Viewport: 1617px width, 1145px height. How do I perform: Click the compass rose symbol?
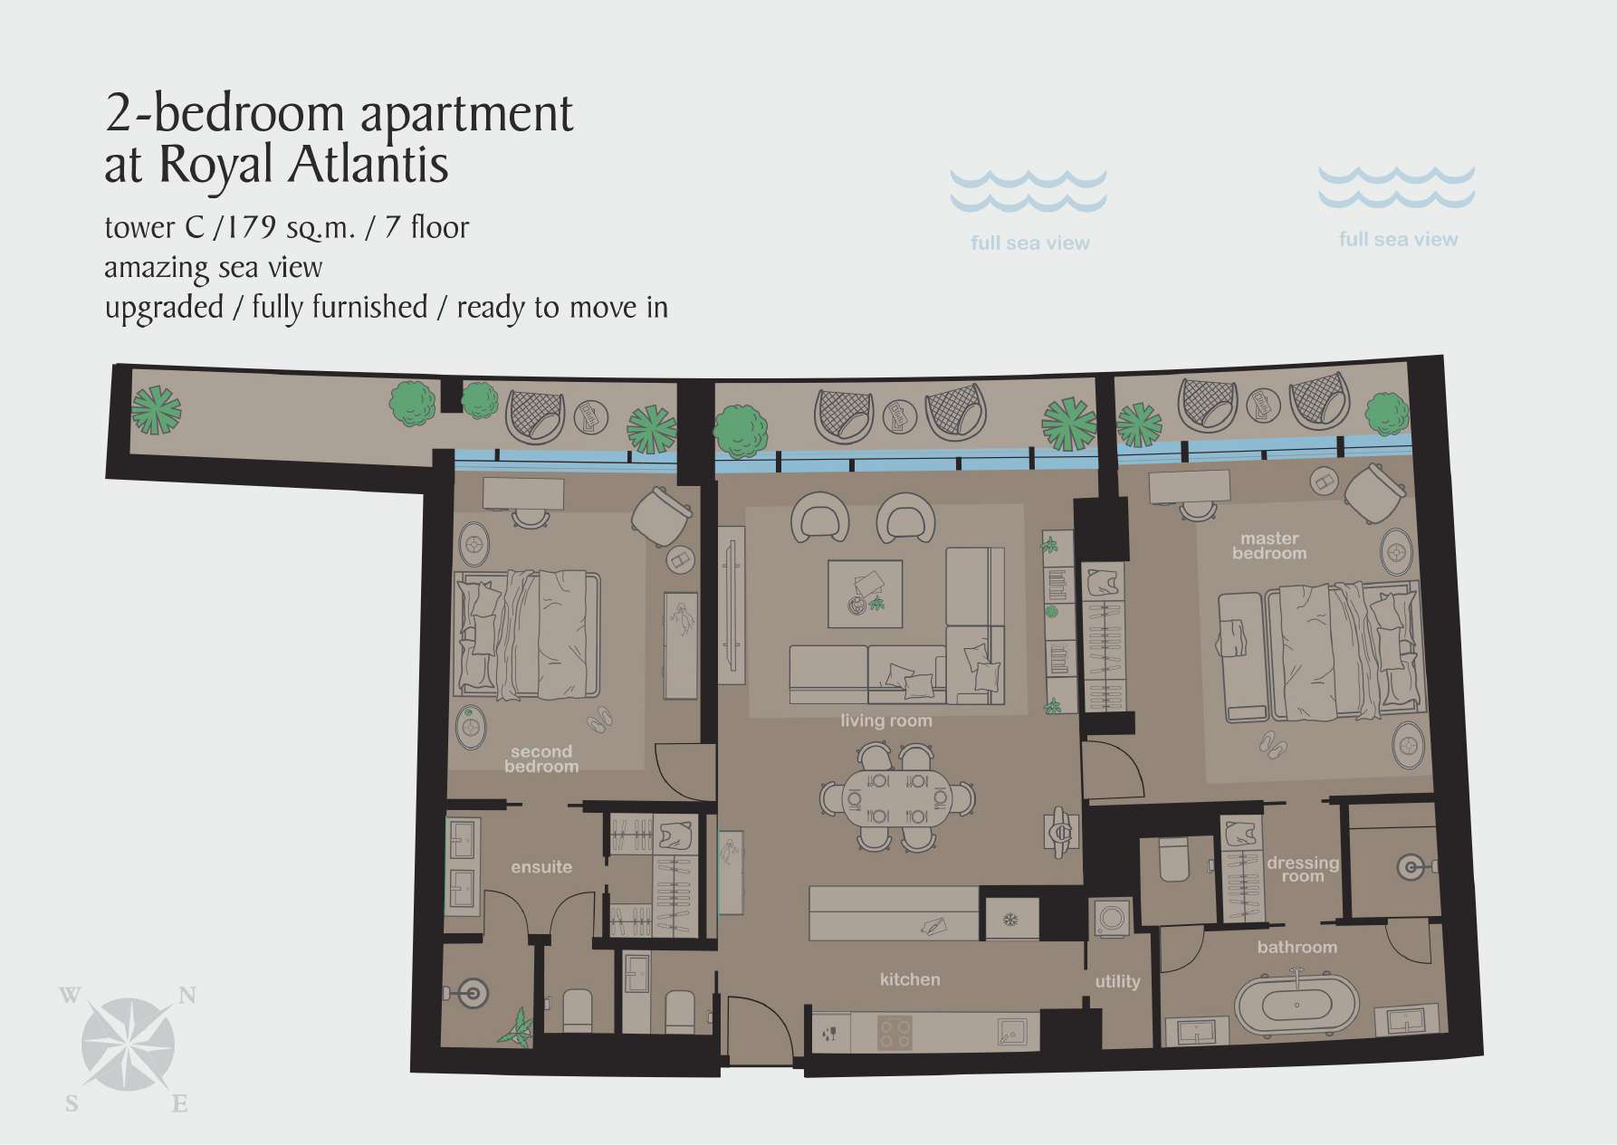(128, 1045)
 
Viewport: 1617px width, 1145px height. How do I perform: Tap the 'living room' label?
(885, 720)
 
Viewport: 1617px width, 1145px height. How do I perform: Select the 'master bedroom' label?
(1269, 546)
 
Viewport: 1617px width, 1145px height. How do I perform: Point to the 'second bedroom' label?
(541, 759)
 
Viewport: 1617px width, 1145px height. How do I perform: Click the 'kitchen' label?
(910, 979)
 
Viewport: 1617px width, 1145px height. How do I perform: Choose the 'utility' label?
(1117, 981)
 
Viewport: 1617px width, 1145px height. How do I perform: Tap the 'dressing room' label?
(1302, 869)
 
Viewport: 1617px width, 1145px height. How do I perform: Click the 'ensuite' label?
(541, 867)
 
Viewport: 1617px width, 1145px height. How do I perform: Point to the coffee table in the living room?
(866, 594)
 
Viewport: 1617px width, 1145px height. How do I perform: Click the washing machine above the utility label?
(1110, 920)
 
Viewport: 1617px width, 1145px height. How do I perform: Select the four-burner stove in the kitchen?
(895, 1033)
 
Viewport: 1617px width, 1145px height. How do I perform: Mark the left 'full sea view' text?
(1029, 243)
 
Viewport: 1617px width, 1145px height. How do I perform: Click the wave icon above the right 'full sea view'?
(1396, 186)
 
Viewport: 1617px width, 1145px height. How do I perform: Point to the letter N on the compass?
(187, 996)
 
